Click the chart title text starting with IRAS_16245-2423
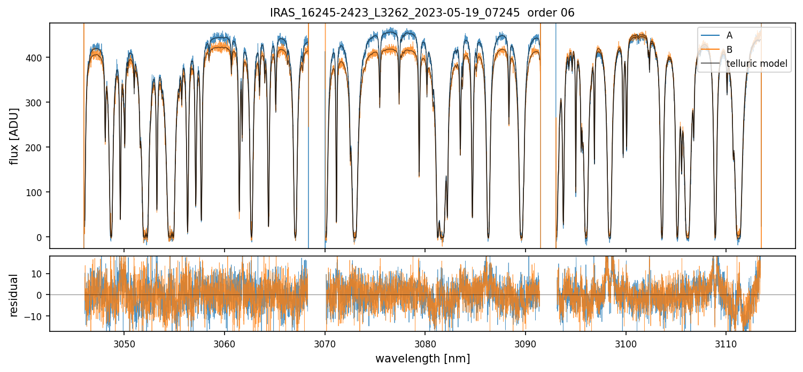422,13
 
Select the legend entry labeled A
729,36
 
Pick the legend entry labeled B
729,50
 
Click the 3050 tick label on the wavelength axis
124,342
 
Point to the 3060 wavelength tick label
225,342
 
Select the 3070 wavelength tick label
325,342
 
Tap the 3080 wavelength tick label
425,342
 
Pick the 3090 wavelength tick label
526,342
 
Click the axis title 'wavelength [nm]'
422,358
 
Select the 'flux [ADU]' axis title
14,136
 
